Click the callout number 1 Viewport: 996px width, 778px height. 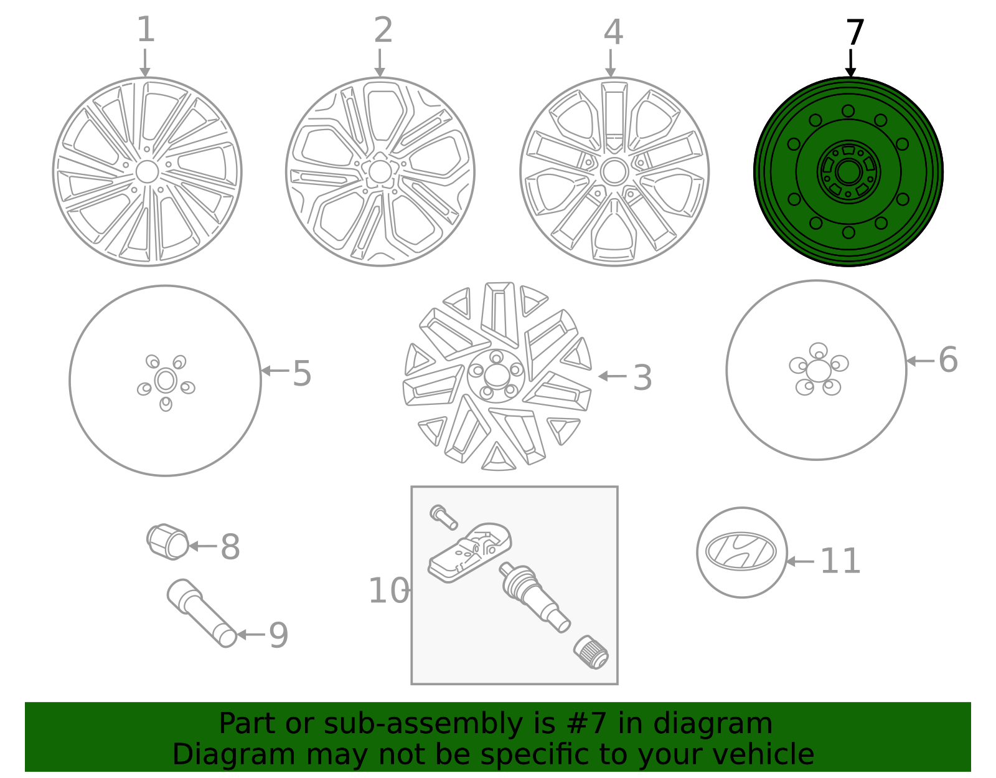point(145,30)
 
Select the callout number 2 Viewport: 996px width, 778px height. point(383,30)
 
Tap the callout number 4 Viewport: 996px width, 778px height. point(613,32)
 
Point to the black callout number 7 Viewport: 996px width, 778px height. point(855,32)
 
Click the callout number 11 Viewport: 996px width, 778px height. point(840,561)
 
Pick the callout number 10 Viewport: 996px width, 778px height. point(388,591)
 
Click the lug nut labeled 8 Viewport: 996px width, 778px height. point(167,541)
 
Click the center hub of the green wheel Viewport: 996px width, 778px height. point(848,171)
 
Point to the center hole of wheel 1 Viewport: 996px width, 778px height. point(147,171)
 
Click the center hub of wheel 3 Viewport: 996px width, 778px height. point(496,375)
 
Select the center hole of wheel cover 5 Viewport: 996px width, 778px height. point(166,380)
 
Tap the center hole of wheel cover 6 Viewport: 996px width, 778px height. point(818,370)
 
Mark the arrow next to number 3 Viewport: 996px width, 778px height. point(613,376)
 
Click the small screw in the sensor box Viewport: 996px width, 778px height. point(443,516)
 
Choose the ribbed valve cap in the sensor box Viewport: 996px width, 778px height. point(591,652)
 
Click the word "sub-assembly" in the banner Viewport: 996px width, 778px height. point(421,724)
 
